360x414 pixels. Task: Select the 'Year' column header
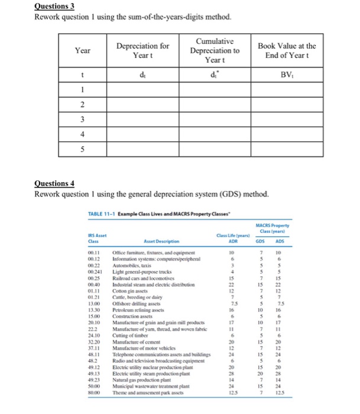pos(83,51)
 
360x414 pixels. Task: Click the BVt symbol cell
pos(288,75)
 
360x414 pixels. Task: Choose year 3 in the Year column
pos(83,119)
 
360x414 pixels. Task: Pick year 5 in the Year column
pos(83,148)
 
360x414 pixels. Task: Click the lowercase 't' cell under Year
pos(83,75)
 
